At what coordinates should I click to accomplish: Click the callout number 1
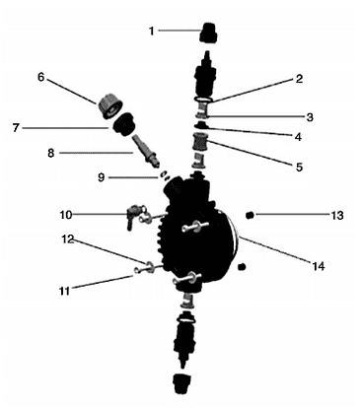tap(151, 31)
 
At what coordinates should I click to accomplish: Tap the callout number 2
tap(298, 78)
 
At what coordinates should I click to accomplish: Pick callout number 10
tap(63, 214)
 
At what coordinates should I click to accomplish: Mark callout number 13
tap(337, 215)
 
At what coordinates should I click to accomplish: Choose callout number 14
tap(319, 263)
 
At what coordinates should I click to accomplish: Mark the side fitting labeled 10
tap(131, 214)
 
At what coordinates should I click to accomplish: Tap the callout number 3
tap(309, 115)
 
